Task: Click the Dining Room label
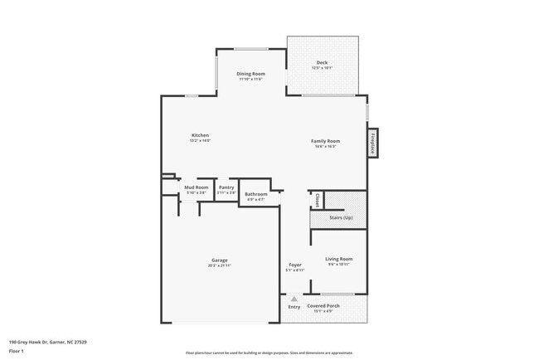[x=250, y=74]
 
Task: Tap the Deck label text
[x=322, y=63]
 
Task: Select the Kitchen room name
[x=200, y=135]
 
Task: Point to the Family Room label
[x=325, y=141]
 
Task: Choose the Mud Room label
[x=195, y=187]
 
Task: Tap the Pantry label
[x=226, y=187]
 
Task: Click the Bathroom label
[x=255, y=195]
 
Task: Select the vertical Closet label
[x=317, y=200]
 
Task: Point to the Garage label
[x=219, y=260]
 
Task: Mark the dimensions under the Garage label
[x=219, y=265]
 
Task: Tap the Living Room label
[x=338, y=259]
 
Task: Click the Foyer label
[x=295, y=265]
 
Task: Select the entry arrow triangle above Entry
[x=294, y=298]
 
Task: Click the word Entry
[x=294, y=307]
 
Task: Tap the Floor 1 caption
[x=17, y=350]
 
